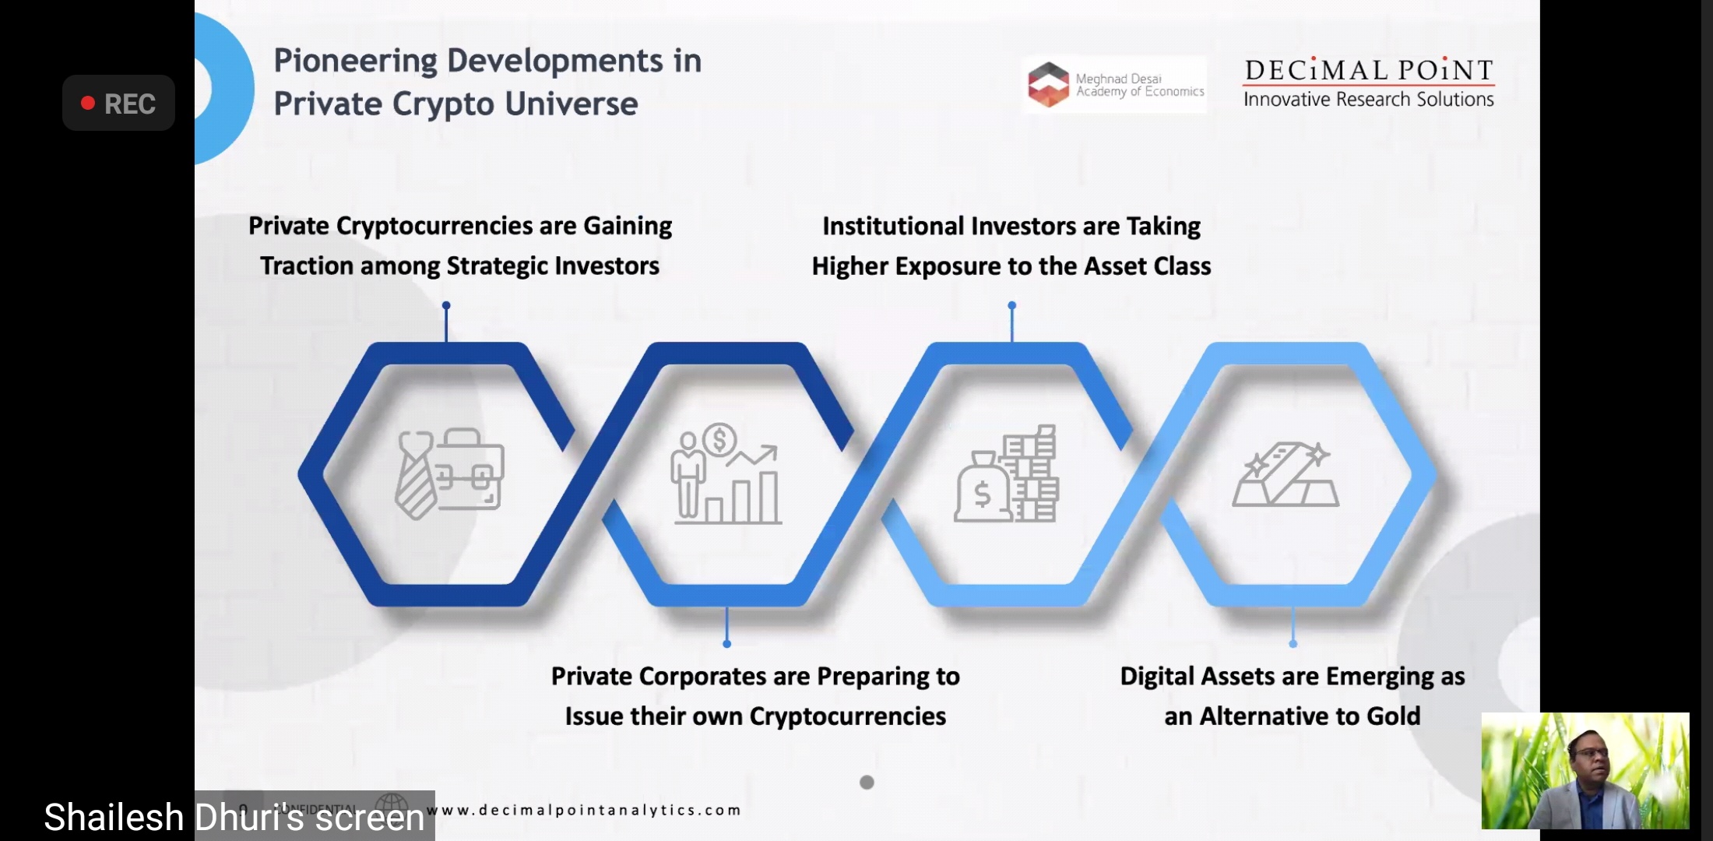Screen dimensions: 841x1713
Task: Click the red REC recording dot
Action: [x=88, y=103]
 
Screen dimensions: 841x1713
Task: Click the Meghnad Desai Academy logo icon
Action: [x=1048, y=84]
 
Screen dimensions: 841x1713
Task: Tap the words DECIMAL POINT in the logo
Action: [x=1368, y=70]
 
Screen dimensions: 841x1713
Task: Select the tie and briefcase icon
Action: [x=449, y=473]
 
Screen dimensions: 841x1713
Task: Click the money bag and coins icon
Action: [x=1006, y=473]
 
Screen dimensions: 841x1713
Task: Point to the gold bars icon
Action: [x=1285, y=473]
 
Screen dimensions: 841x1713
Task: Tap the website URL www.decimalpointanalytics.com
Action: [x=584, y=810]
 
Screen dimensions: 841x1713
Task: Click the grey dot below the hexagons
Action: [x=867, y=782]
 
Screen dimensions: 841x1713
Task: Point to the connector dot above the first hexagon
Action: [x=446, y=305]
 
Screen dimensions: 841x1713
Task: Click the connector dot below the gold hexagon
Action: [x=1293, y=643]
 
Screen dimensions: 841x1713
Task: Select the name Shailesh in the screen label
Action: [x=114, y=818]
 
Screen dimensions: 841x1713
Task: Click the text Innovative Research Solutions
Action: [x=1368, y=100]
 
